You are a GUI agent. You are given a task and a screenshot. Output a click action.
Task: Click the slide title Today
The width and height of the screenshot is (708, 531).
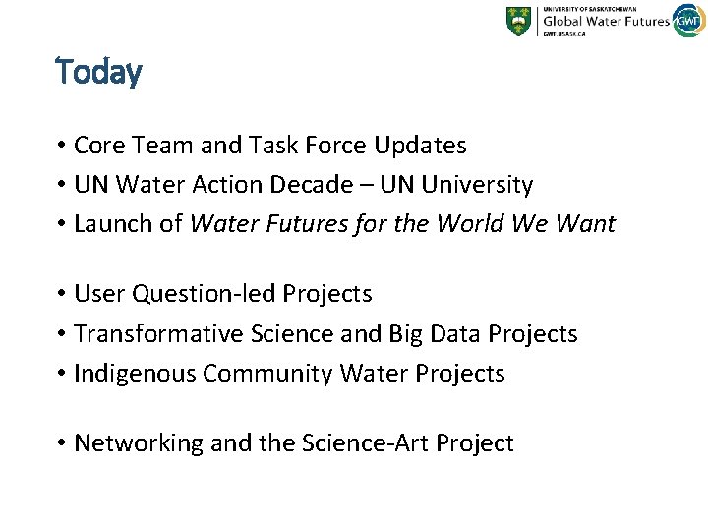99,72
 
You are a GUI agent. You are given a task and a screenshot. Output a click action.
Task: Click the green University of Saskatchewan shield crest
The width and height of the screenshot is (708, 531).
518,21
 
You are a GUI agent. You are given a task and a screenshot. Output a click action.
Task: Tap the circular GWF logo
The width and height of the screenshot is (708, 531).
687,20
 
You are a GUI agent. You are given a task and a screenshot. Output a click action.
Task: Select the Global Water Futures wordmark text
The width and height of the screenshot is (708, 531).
606,20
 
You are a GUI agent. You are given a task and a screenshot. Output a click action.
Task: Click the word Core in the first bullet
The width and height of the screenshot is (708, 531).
96,146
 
